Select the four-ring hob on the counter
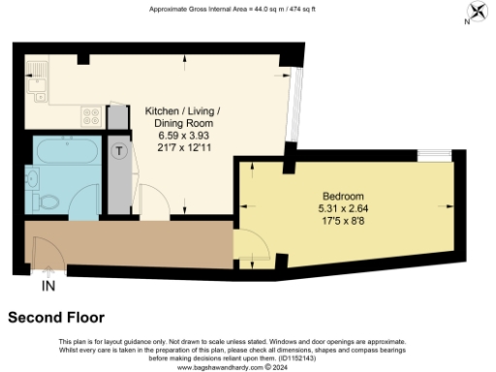92,116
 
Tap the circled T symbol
119,151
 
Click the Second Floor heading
56,317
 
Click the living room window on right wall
295,107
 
